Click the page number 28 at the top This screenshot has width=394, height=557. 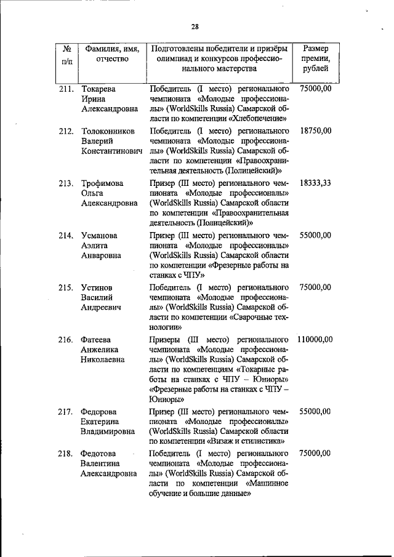tap(195, 26)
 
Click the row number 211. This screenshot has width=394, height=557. tap(66, 89)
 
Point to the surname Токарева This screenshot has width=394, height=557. tap(100, 89)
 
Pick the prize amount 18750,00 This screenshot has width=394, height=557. tap(316, 131)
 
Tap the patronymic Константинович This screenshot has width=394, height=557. tap(111, 151)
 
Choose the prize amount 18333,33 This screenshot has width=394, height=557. tap(316, 183)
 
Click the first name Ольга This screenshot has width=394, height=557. tap(94, 193)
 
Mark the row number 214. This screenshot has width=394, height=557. tap(66, 236)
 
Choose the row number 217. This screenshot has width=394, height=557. tap(66, 412)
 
